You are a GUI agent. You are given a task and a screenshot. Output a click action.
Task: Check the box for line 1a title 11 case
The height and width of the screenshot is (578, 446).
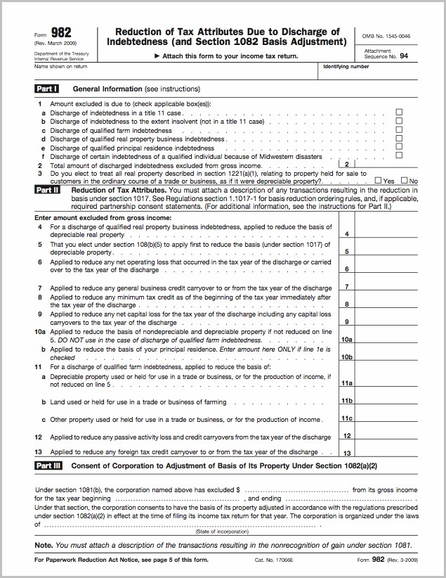pyautogui.click(x=399, y=113)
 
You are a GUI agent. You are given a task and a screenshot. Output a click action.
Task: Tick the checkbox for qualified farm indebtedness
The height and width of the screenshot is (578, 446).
pyautogui.click(x=399, y=130)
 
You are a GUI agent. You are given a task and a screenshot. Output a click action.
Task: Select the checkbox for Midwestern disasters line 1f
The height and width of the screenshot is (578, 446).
pyautogui.click(x=399, y=155)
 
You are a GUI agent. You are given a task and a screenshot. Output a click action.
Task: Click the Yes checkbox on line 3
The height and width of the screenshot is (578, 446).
pyautogui.click(x=379, y=181)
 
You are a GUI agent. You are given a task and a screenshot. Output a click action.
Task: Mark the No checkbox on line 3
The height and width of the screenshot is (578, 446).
pyautogui.click(x=403, y=181)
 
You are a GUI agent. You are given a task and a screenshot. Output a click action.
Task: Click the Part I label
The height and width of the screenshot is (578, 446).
pyautogui.click(x=46, y=89)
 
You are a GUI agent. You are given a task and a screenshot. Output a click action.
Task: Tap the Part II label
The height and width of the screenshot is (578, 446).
pyautogui.click(x=47, y=190)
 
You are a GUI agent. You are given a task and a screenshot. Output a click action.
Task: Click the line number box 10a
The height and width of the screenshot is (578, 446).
pyautogui.click(x=346, y=340)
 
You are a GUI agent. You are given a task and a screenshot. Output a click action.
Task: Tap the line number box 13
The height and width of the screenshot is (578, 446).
pyautogui.click(x=346, y=453)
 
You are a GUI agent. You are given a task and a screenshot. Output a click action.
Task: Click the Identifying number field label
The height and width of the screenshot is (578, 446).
pyautogui.click(x=346, y=67)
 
